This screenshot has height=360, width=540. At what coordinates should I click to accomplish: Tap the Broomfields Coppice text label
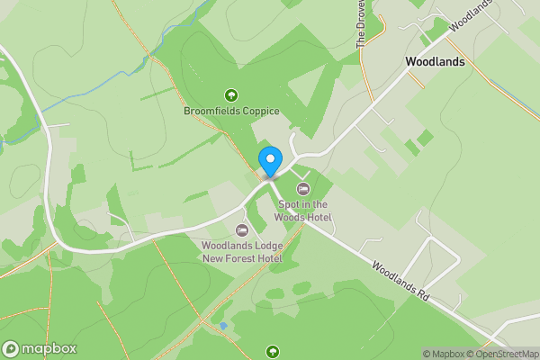click(x=231, y=112)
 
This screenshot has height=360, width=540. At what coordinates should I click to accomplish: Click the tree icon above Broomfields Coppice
click(x=231, y=94)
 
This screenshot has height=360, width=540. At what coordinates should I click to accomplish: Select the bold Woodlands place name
click(x=435, y=62)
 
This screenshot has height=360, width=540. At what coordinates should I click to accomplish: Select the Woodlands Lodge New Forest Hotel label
click(x=241, y=252)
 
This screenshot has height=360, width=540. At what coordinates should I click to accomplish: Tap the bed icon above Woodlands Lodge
click(x=241, y=230)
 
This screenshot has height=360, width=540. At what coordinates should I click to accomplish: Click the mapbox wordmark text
click(x=49, y=348)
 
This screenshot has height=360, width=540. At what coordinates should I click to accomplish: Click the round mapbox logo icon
click(x=12, y=348)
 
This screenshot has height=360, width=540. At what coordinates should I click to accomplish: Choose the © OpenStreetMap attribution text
click(x=505, y=354)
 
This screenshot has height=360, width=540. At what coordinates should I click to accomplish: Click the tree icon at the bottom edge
click(x=273, y=351)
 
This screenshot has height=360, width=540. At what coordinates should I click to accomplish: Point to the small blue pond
click(x=222, y=325)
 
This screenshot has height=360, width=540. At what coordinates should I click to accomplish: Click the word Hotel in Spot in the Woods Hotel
click(x=318, y=218)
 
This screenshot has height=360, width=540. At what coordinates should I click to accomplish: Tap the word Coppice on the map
click(x=260, y=112)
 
